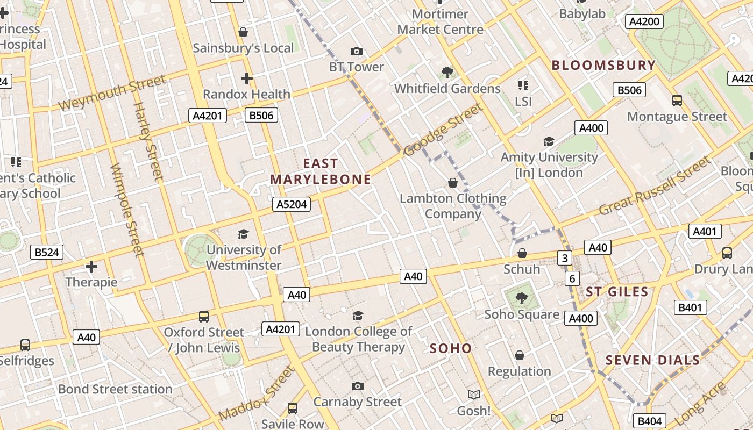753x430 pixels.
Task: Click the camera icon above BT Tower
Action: [356, 52]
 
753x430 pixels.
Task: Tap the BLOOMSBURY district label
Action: [603, 66]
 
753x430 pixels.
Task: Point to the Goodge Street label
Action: [443, 130]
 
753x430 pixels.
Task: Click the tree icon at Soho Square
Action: [521, 298]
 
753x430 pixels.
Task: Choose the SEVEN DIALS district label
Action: [653, 360]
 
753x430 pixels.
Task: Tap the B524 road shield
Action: [47, 252]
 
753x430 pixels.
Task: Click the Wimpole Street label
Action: [127, 210]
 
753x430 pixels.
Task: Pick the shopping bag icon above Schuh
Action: [522, 253]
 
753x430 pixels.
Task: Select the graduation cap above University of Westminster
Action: [243, 234]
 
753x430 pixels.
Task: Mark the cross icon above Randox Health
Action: [246, 78]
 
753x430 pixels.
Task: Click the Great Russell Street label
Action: [655, 185]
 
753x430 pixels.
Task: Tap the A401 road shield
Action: [705, 231]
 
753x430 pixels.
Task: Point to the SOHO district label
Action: [451, 348]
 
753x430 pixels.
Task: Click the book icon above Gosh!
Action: [473, 395]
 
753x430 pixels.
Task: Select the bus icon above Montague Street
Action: [677, 100]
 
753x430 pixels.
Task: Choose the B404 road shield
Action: [649, 421]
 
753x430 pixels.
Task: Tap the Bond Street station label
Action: [115, 389]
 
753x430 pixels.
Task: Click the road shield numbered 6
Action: [572, 278]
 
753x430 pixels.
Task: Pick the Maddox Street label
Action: [257, 394]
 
